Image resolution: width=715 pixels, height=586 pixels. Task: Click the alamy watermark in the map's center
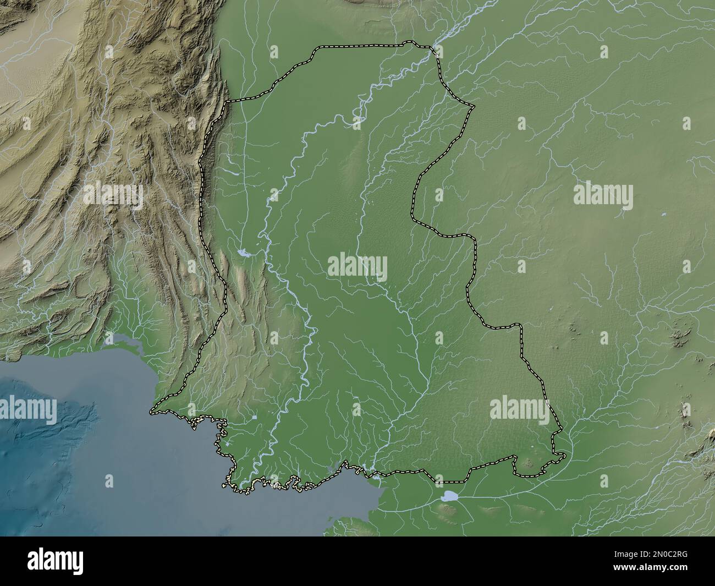(358, 267)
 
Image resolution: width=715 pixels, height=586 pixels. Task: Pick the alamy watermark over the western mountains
(113, 195)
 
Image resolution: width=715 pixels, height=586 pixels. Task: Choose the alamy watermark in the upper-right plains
(603, 195)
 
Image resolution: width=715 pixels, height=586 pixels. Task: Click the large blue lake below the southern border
(450, 496)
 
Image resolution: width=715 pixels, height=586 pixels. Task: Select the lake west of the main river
(243, 253)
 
